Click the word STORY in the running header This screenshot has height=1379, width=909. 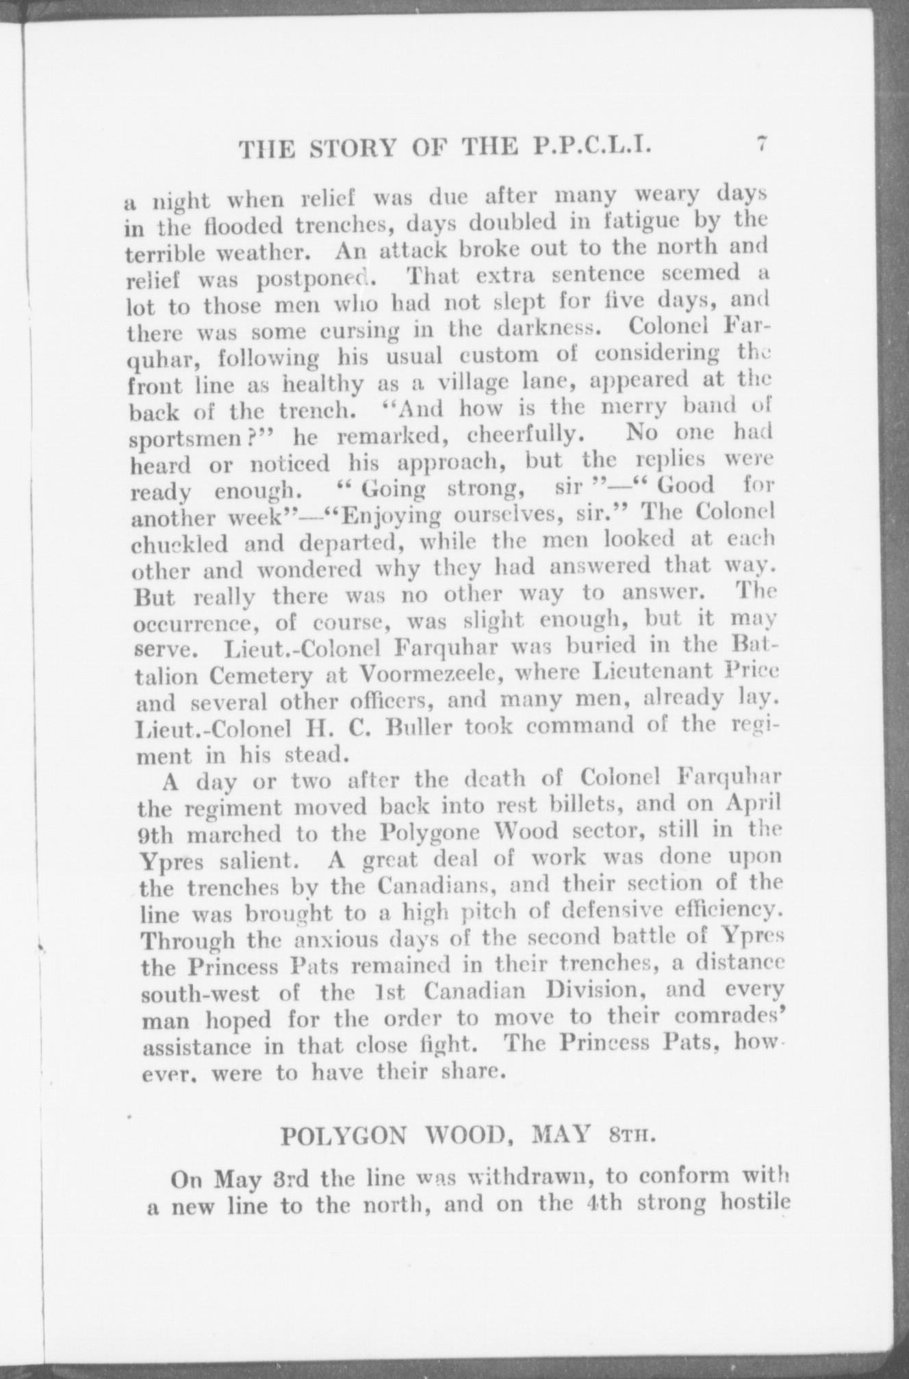[x=354, y=148]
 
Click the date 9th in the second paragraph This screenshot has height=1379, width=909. [x=158, y=835]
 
